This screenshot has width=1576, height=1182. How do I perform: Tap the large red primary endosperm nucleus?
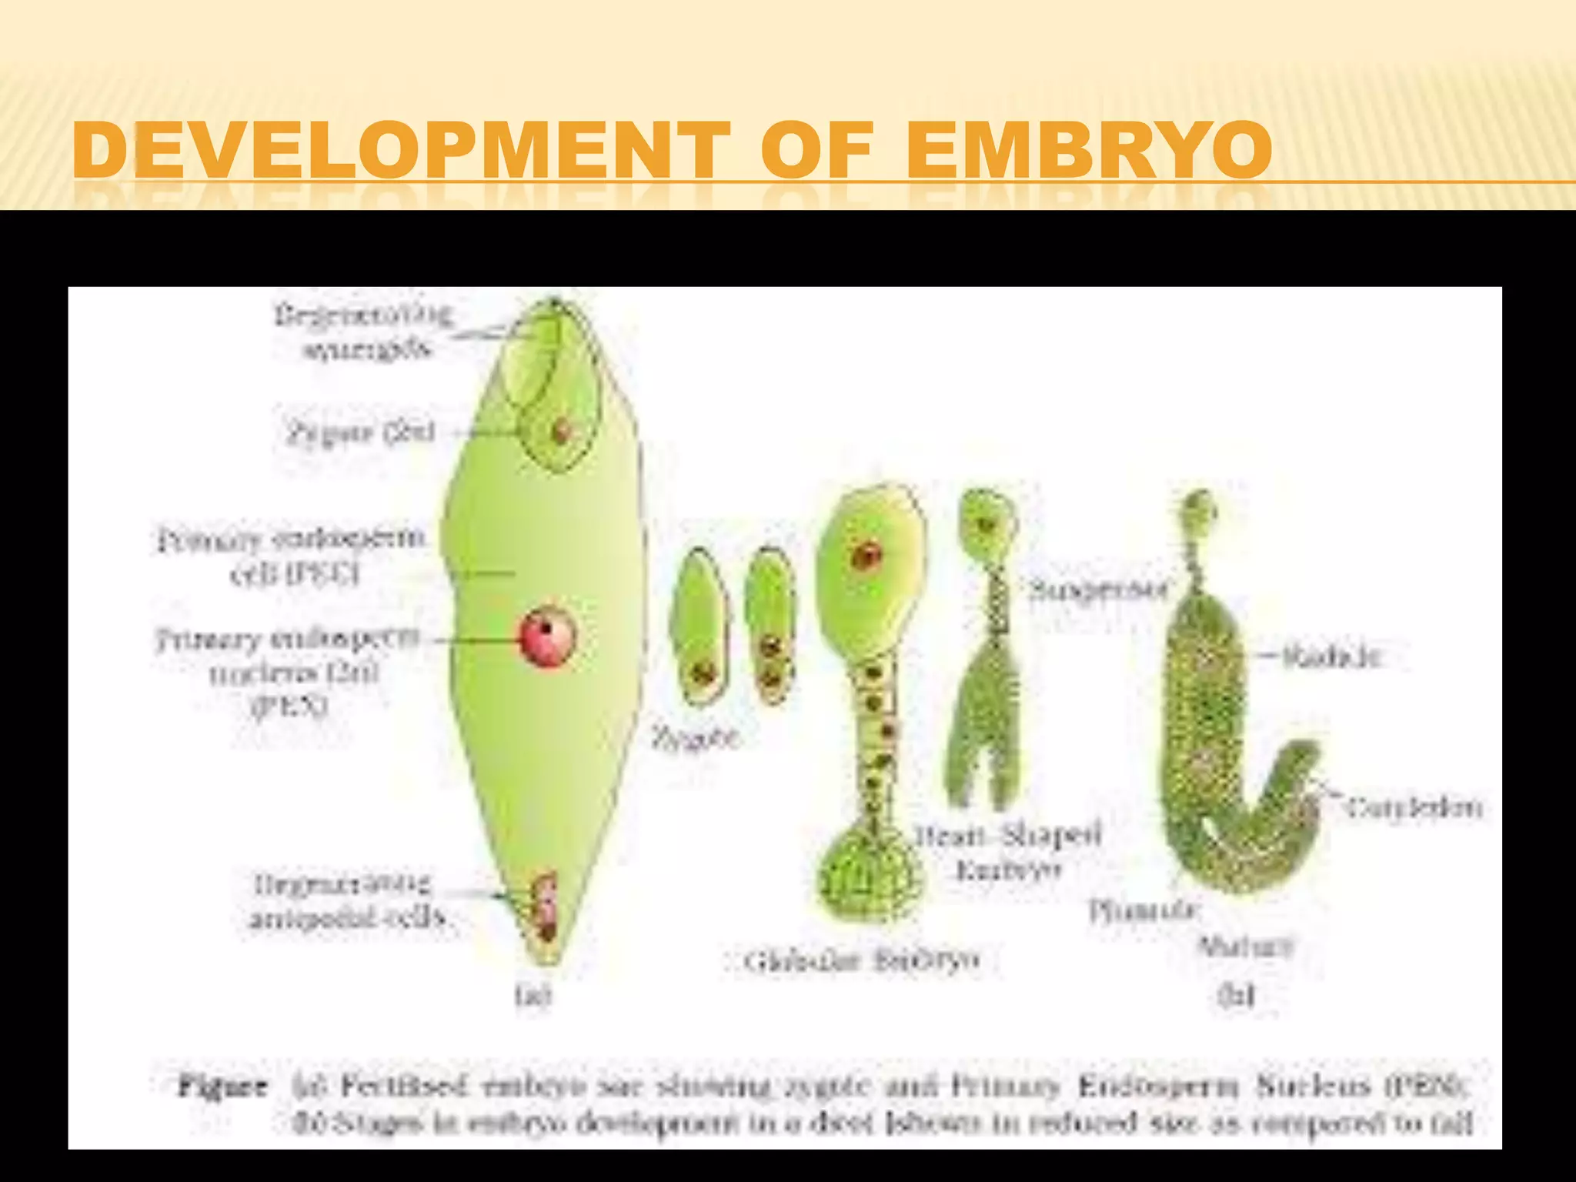[547, 636]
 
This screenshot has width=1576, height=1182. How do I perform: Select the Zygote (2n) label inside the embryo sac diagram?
[361, 433]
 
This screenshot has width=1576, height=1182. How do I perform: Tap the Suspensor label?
[1100, 590]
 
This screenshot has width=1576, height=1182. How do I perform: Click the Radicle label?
[1332, 656]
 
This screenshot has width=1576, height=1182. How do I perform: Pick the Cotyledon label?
[1414, 807]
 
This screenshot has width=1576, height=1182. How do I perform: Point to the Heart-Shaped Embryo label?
[1008, 852]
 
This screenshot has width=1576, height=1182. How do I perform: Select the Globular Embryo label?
[862, 960]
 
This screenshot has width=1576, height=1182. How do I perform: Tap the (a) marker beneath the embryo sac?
[533, 997]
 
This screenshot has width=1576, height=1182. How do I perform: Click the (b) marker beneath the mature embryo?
[1236, 995]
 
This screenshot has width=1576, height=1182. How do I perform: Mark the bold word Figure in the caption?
[223, 1087]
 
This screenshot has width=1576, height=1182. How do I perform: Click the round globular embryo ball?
[869, 873]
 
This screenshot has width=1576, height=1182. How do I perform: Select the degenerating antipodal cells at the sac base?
[546, 908]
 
